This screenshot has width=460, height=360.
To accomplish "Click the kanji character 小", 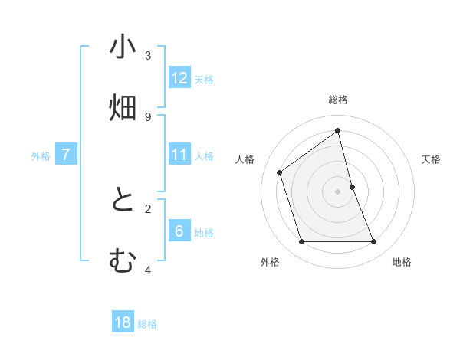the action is [123, 47].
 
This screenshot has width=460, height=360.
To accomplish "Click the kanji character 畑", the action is [123, 108].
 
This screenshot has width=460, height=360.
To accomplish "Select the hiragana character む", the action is [123, 261].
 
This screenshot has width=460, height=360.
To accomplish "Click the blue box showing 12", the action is [179, 78].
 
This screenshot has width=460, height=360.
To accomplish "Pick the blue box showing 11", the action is [179, 155].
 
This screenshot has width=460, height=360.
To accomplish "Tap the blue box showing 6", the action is [179, 231].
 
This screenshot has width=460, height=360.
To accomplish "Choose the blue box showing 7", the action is [66, 155].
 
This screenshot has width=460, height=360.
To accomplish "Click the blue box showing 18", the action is [123, 322].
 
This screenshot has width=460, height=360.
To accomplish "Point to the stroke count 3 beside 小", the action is [148, 55].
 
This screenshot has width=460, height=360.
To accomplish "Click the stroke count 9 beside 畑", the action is [148, 116].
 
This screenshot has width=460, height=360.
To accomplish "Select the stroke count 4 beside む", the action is [148, 270].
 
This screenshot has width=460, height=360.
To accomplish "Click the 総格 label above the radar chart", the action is [338, 100].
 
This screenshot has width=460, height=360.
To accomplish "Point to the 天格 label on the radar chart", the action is [431, 159].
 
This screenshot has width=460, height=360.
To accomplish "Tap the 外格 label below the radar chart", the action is [270, 262].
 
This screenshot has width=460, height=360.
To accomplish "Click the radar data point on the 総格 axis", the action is [338, 131].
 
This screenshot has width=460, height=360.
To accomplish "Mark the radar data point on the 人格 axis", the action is [280, 172].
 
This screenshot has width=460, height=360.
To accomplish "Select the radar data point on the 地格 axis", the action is [374, 242].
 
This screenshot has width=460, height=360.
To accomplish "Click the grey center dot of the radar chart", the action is [338, 191].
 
